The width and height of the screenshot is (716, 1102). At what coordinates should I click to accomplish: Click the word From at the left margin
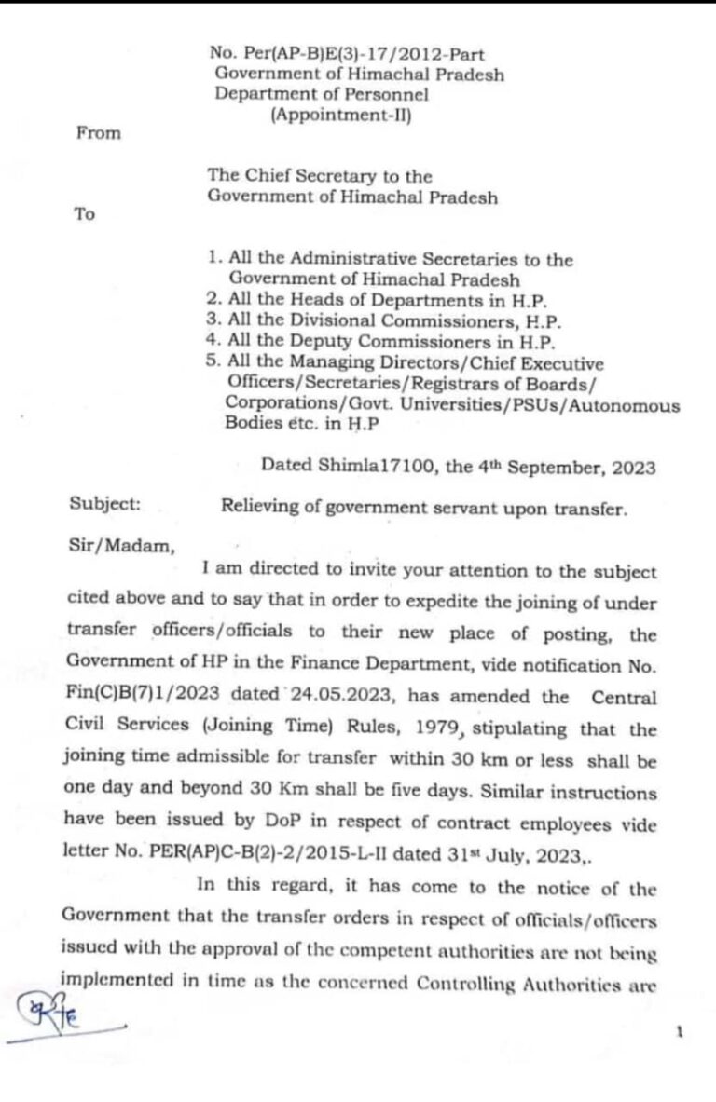pos(98,133)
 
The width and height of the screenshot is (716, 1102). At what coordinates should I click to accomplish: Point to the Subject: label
pos(105,504)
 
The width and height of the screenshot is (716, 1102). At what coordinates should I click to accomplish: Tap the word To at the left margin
pos(85,214)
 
